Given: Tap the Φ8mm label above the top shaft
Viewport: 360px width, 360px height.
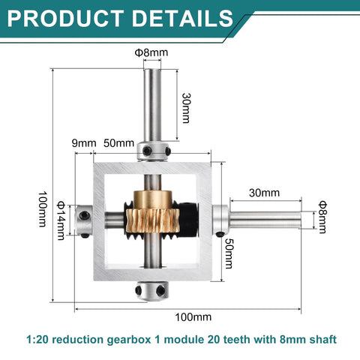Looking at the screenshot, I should click(x=152, y=52).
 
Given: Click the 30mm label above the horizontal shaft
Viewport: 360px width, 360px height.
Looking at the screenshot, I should click(x=264, y=193).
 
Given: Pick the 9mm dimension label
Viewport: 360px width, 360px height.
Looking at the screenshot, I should click(x=84, y=143).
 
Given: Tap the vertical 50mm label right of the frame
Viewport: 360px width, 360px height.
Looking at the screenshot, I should click(x=229, y=256).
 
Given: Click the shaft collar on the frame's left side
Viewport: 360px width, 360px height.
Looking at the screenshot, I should click(x=83, y=221).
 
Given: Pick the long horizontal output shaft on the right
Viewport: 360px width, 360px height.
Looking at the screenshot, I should click(x=266, y=220).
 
